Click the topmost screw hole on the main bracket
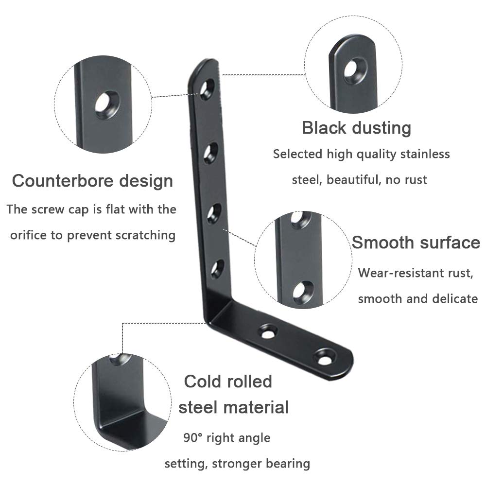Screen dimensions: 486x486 click(x=207, y=90)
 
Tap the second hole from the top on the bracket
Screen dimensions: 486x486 click(x=211, y=153)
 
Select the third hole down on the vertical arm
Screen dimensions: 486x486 click(x=214, y=213)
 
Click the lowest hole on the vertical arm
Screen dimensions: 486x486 click(x=218, y=269)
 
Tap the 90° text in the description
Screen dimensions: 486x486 click(x=193, y=438)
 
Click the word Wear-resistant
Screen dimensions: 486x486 click(x=398, y=273)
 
